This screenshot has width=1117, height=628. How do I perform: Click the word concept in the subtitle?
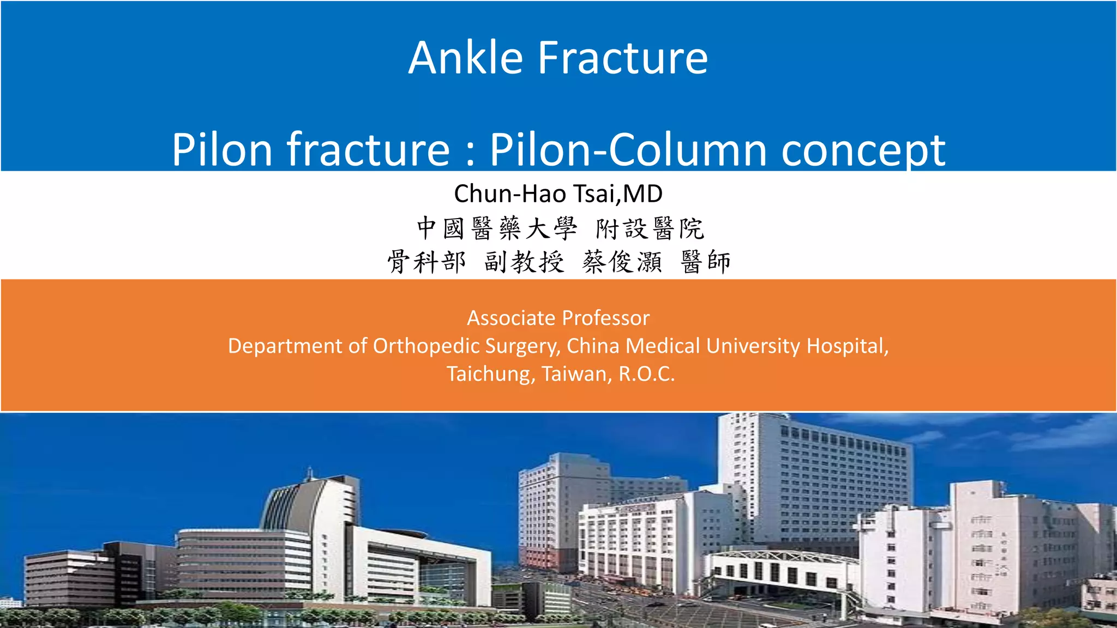point(863,150)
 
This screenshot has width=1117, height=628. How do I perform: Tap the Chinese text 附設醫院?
point(650,228)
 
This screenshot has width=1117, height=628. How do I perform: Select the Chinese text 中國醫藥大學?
point(497,228)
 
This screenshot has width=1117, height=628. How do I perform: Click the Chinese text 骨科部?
point(427,262)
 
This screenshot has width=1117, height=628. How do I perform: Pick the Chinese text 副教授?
point(524,262)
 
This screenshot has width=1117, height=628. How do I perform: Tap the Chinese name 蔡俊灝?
point(622,262)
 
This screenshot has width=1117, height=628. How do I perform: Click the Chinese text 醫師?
point(706,262)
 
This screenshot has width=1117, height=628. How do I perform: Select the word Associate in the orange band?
point(512,318)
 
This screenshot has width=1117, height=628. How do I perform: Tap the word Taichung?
point(490,374)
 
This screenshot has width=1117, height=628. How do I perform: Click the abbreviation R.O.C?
point(647,374)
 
